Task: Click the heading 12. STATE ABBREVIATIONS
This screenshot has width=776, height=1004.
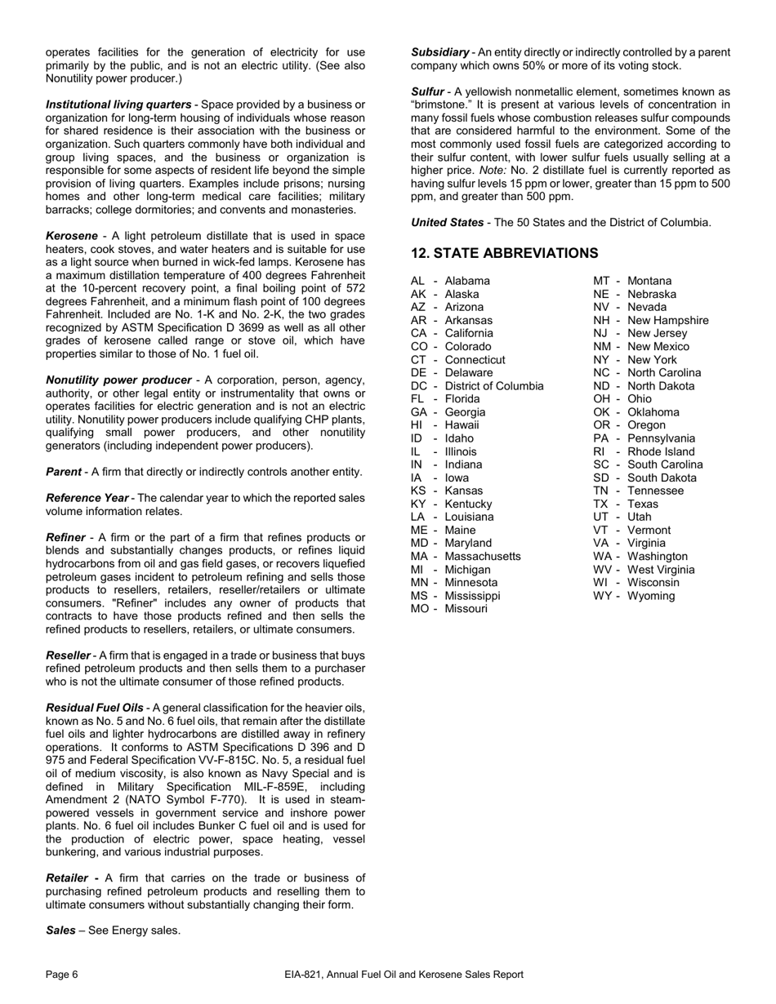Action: [504, 253]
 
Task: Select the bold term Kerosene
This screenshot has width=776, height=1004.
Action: [72, 236]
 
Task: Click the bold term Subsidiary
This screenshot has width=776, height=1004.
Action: [439, 52]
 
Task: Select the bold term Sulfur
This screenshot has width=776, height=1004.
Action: [427, 91]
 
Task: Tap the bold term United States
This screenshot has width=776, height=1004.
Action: [448, 222]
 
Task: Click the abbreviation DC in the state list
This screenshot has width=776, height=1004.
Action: [419, 386]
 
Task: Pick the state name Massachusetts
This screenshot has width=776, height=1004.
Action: [483, 557]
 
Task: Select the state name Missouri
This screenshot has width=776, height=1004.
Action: [466, 609]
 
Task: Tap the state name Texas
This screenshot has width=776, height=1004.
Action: [643, 504]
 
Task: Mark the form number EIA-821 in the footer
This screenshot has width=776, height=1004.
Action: [305, 974]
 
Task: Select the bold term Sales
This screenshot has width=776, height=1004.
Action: [60, 931]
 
